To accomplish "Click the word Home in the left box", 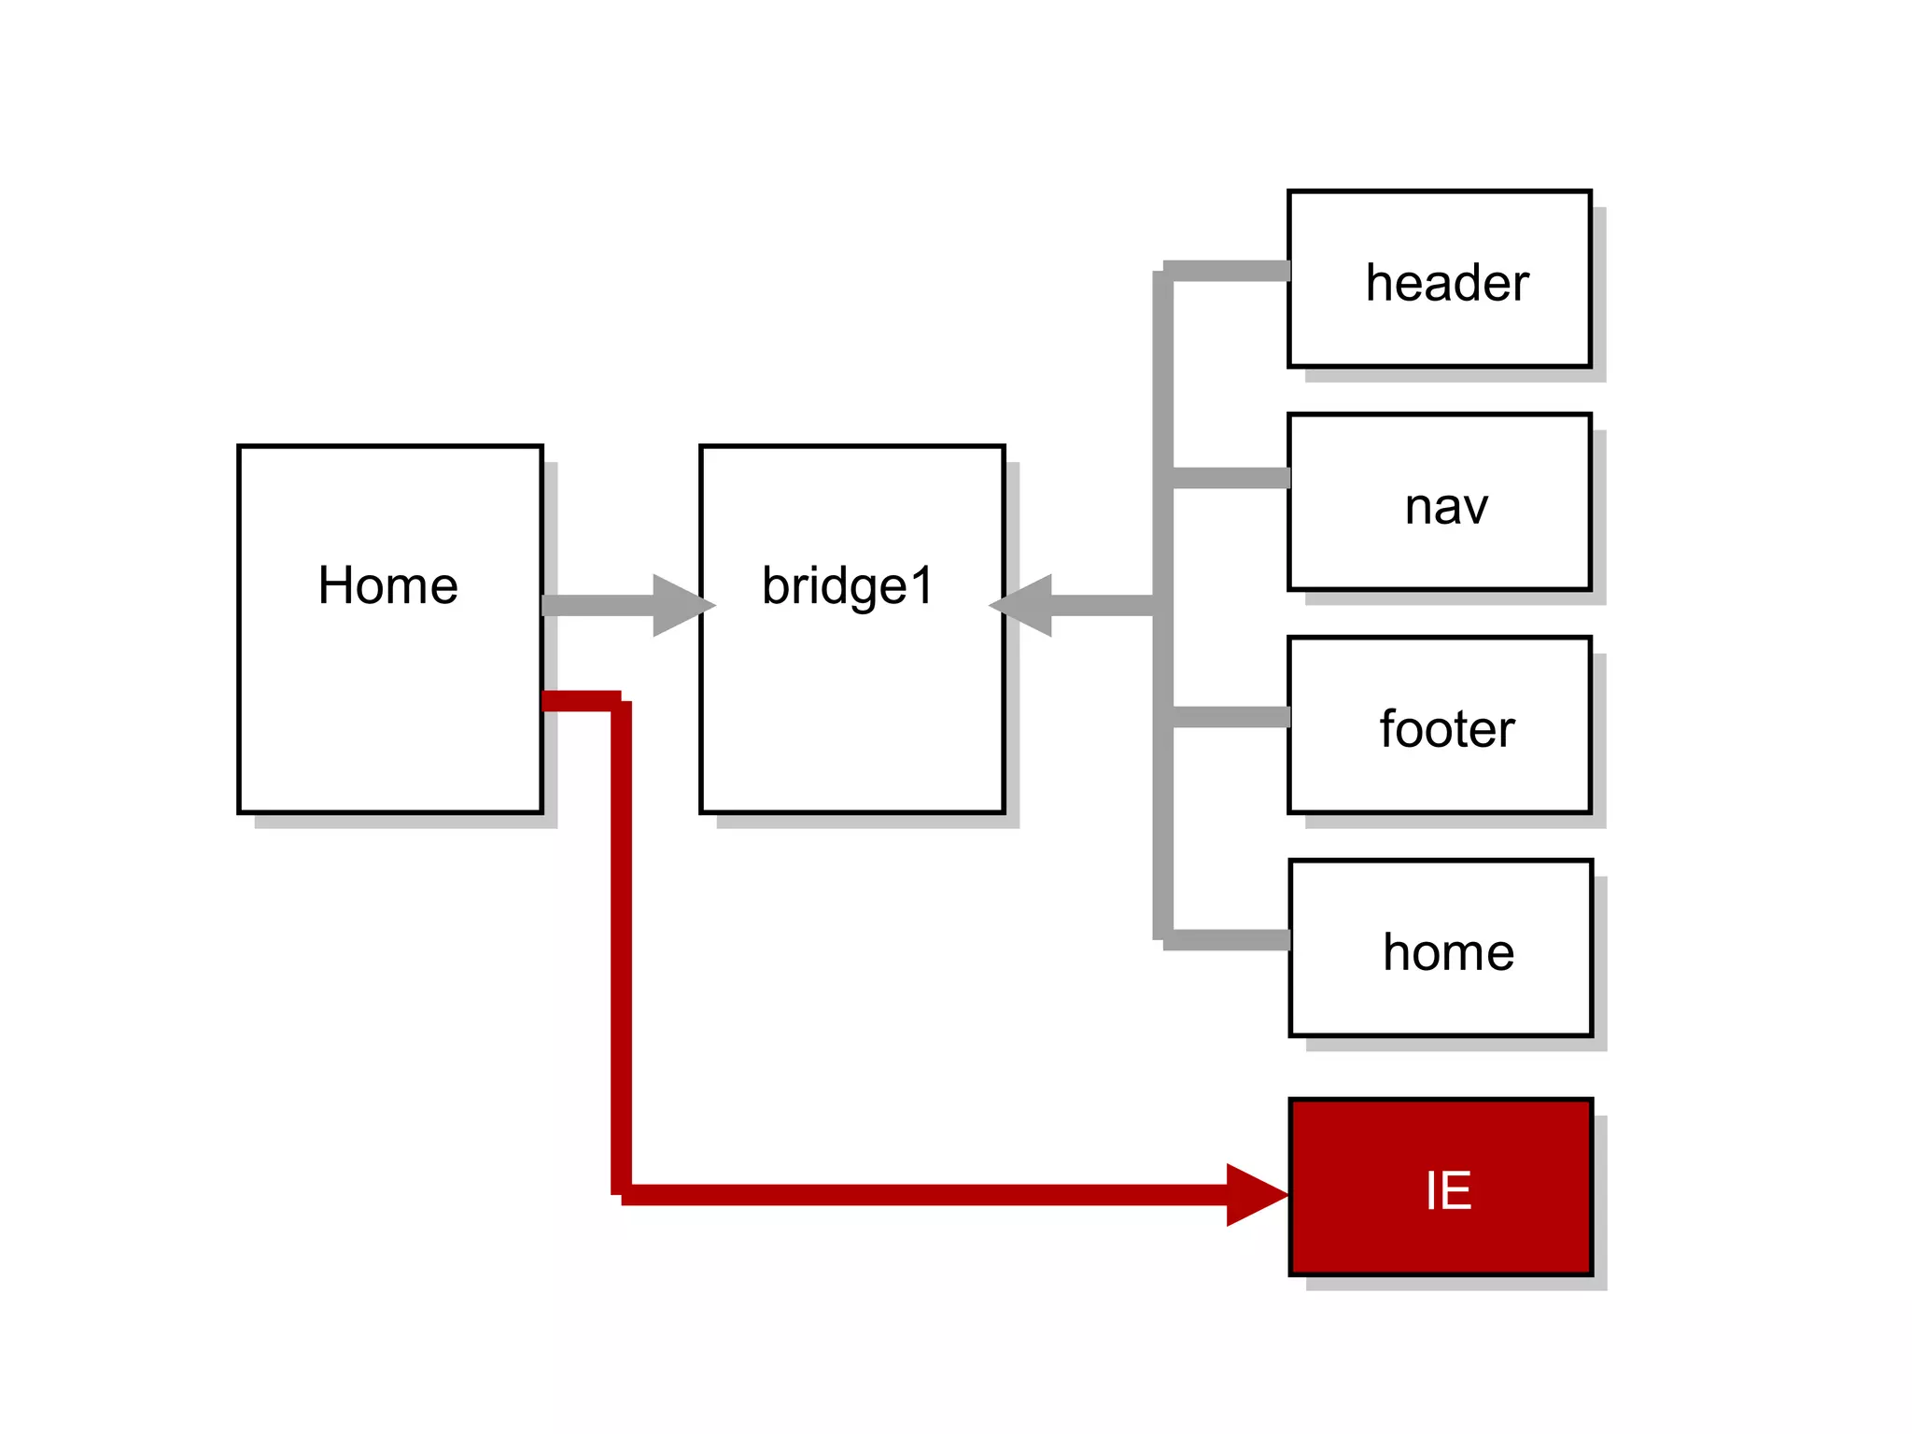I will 387,585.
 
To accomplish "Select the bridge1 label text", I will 847,586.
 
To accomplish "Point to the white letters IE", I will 1448,1191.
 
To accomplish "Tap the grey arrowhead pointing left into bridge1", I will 1023,605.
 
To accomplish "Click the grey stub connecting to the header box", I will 1228,271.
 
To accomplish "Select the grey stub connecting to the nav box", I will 1230,478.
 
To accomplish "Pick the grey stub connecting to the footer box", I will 1230,717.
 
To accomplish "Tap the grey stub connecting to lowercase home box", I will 1228,940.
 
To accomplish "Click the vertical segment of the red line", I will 621,943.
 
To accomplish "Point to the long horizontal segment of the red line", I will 924,1195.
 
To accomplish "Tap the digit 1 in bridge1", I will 921,585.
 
